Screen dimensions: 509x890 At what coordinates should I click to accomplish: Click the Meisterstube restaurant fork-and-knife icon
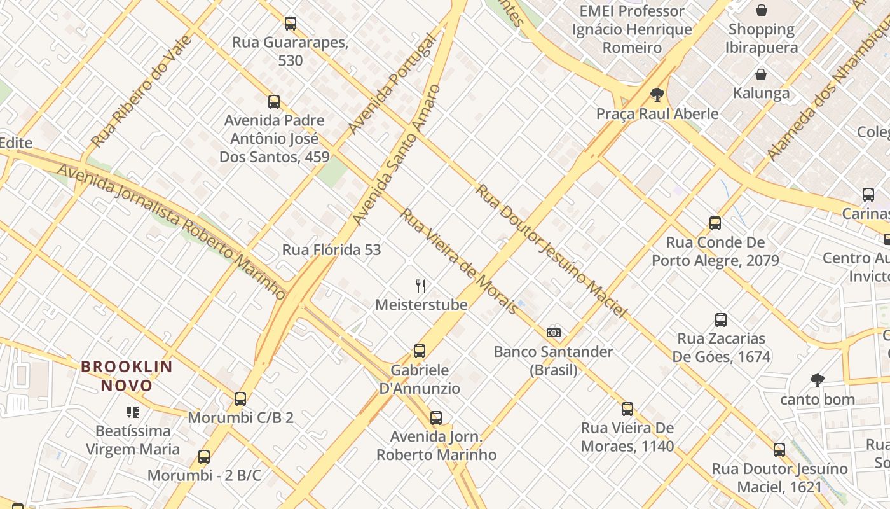(420, 286)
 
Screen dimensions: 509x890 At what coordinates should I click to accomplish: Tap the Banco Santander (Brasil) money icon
(554, 332)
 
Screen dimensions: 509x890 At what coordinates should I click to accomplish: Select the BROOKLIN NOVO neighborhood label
(127, 376)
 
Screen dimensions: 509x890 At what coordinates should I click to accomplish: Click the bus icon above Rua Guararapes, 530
(291, 24)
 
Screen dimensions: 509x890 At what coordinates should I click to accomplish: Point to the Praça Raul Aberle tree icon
(657, 95)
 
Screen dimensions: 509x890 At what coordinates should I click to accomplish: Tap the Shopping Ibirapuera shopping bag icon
(762, 10)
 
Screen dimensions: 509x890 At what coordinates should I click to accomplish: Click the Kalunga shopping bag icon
(761, 74)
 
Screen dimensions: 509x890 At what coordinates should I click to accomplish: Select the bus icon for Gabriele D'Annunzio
(420, 351)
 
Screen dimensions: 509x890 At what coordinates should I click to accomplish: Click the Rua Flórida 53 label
(331, 249)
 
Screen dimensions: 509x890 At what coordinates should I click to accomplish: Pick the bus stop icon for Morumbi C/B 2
(240, 399)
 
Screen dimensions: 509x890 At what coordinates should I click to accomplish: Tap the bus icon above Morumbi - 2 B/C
(204, 456)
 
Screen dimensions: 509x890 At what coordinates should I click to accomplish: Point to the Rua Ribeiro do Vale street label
(141, 91)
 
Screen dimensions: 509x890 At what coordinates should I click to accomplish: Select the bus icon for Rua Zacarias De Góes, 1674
(721, 319)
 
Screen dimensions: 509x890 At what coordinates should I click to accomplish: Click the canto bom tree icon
(818, 380)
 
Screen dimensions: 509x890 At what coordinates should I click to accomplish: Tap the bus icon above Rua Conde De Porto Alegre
(715, 223)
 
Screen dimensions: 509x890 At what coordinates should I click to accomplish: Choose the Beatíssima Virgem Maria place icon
(133, 412)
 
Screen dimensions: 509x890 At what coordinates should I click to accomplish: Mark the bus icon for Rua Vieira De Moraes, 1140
(627, 408)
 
